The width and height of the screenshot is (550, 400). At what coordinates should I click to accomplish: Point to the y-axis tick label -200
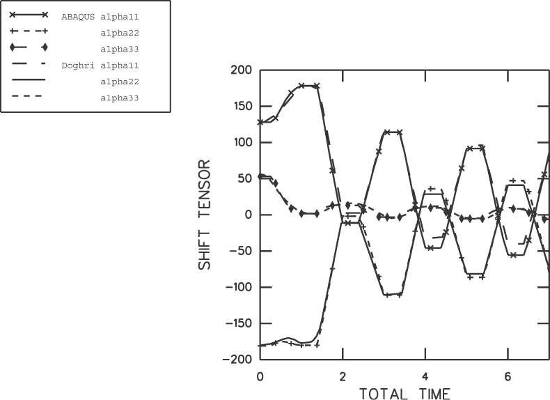(237, 360)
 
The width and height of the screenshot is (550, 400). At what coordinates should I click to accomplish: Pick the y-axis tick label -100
(237, 287)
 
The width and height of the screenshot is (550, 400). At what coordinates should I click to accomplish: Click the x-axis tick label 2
(343, 376)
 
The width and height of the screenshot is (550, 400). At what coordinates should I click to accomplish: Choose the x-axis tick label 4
(425, 376)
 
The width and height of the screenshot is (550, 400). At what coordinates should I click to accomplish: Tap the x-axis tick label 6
(508, 376)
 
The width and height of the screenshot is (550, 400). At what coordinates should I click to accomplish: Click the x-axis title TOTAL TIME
(404, 393)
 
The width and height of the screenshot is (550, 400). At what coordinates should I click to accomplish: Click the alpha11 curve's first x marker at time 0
(260, 122)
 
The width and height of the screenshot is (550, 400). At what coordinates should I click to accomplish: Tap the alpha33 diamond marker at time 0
(260, 176)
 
